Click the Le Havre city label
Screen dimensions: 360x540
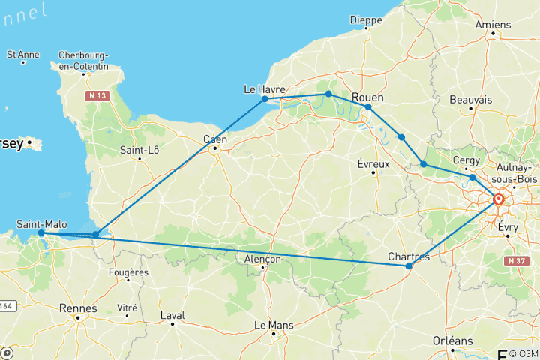265,89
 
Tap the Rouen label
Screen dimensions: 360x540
367,97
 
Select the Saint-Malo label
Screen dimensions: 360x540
40,223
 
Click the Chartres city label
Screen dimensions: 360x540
409,256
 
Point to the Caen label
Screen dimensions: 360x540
216,139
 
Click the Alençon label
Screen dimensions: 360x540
262,259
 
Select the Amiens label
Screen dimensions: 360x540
493,24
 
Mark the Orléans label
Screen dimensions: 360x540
452,340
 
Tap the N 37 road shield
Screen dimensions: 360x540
514,261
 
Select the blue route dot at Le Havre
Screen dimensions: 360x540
265,99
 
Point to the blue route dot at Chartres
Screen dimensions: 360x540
409,266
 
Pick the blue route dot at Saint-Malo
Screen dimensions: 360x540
40,232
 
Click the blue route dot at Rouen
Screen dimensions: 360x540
367,107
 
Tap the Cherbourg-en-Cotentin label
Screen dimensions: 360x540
89,61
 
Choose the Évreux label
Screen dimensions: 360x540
372,163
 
